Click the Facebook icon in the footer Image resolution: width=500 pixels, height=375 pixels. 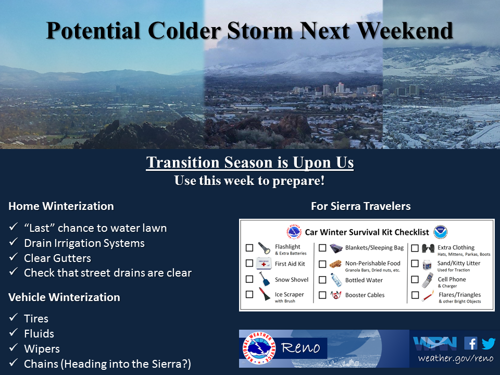(x=471, y=344)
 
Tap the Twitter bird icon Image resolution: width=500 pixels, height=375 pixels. (x=488, y=344)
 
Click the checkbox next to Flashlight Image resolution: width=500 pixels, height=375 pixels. (x=249, y=248)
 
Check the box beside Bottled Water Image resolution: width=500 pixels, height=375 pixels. (x=322, y=280)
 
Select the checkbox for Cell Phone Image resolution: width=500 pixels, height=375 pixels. (x=415, y=279)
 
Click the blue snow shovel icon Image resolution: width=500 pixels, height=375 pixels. (x=264, y=279)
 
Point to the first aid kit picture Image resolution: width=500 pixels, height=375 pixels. (x=264, y=264)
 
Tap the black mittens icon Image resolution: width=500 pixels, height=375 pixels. (x=428, y=248)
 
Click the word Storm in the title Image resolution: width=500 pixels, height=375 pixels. (x=259, y=31)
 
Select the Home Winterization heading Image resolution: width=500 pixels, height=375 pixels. (x=61, y=206)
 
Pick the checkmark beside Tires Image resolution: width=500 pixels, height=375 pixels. (x=14, y=317)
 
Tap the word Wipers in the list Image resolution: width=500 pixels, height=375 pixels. (x=42, y=348)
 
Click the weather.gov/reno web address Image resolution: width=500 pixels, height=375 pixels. (x=456, y=358)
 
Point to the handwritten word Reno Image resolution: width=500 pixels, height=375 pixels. (x=301, y=347)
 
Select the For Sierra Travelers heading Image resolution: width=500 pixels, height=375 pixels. (x=360, y=206)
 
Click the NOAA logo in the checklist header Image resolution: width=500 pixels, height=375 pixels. (x=441, y=232)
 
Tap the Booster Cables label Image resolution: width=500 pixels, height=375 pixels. (x=365, y=295)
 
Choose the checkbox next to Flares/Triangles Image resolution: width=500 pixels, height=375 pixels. (x=415, y=295)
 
